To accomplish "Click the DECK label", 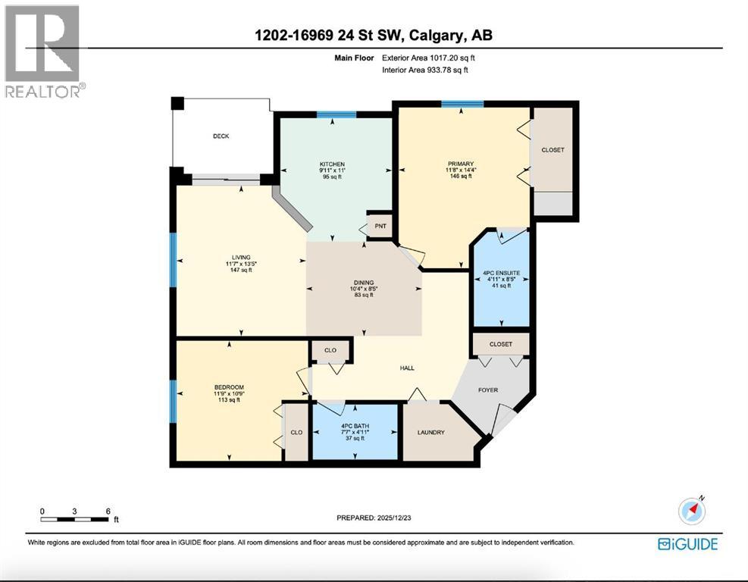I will [221, 136].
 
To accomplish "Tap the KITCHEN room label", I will [332, 164].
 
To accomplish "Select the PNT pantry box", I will [379, 225].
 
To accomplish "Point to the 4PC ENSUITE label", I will [500, 271].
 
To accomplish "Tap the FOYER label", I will [488, 391].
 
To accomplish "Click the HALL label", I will [406, 368].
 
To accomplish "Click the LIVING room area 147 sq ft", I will [242, 269].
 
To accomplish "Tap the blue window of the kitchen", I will [336, 114].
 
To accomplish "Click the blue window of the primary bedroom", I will [462, 104].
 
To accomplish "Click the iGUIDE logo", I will [687, 543].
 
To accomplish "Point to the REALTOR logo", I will [42, 50].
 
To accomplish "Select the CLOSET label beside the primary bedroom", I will [552, 150].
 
